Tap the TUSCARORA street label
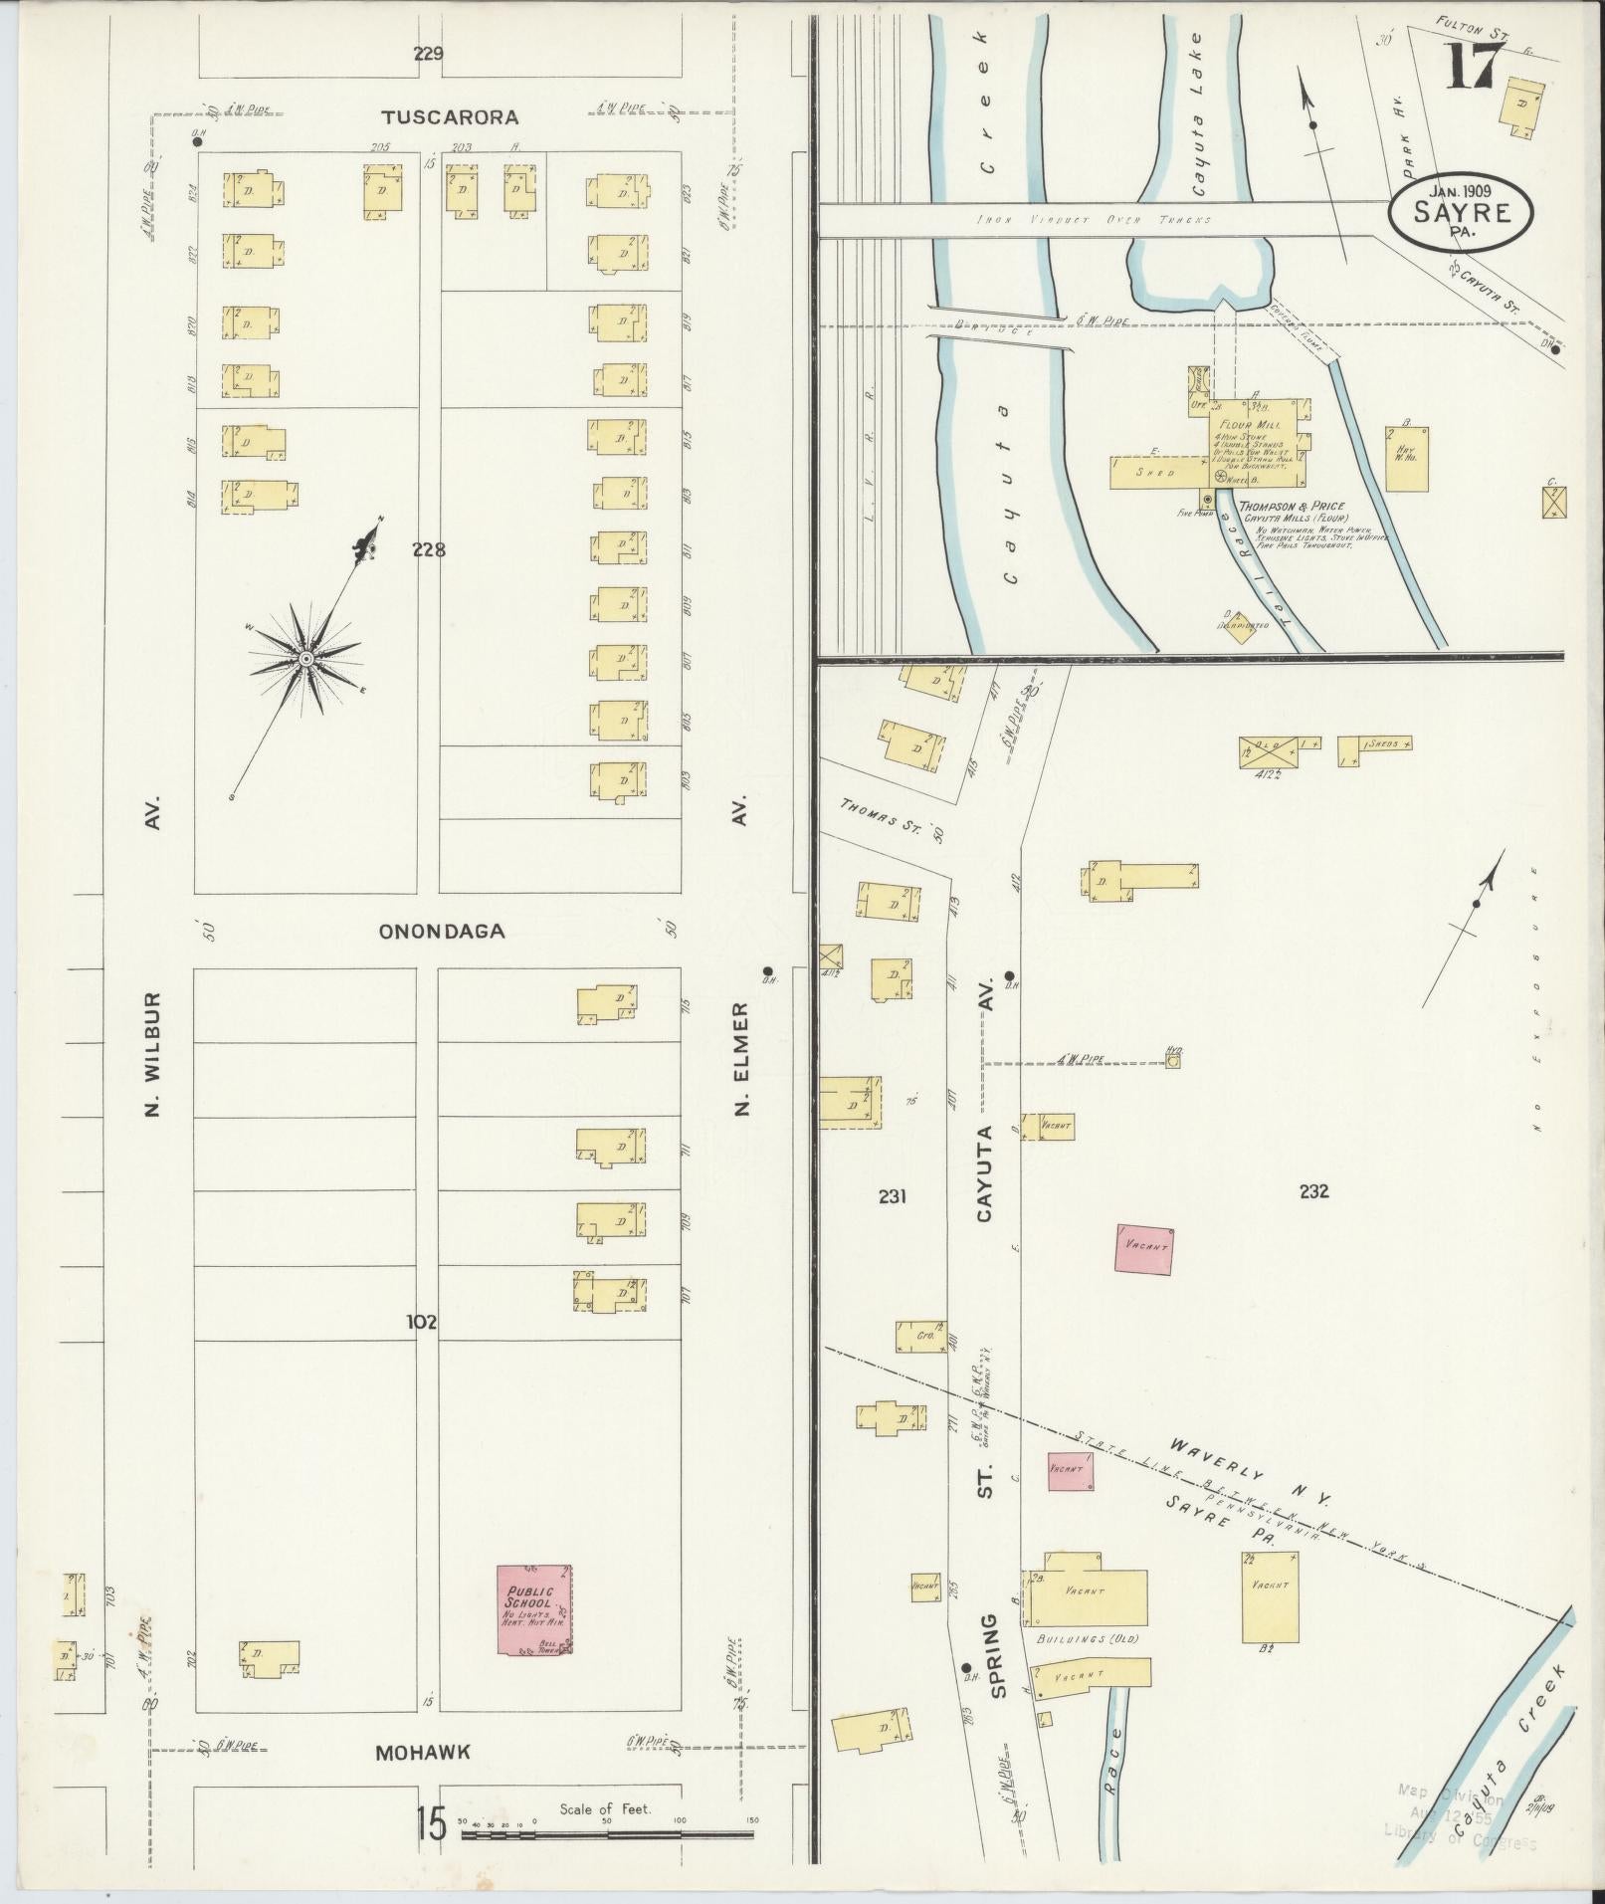[451, 117]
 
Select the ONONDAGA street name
[442, 932]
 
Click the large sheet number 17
[1473, 67]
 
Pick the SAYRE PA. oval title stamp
[1461, 211]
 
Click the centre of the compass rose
[306, 659]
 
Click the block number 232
[1313, 1190]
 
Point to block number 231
[893, 1197]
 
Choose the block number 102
[422, 1322]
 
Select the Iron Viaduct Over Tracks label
[1094, 219]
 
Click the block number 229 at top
[429, 54]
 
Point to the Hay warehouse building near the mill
[1407, 459]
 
